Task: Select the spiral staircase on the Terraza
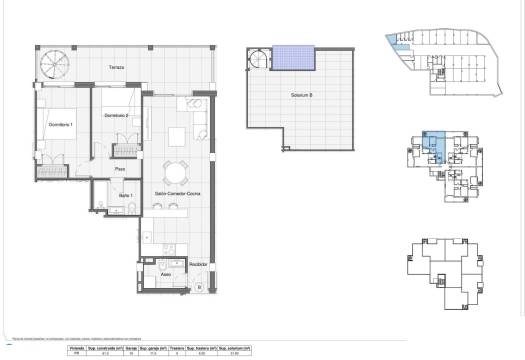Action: tap(51, 66)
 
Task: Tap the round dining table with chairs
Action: tap(177, 169)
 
